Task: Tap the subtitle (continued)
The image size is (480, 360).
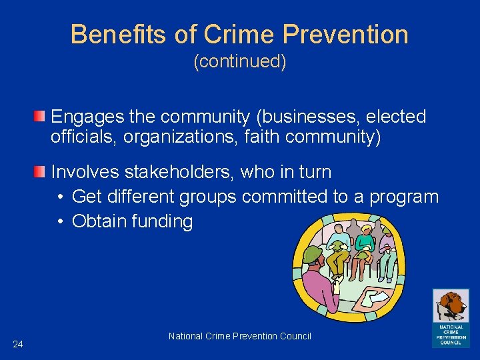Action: click(240, 61)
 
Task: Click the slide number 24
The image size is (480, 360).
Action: click(18, 344)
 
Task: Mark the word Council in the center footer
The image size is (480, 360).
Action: click(295, 336)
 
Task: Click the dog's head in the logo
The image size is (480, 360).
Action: click(452, 306)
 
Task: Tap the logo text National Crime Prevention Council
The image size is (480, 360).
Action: click(451, 334)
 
